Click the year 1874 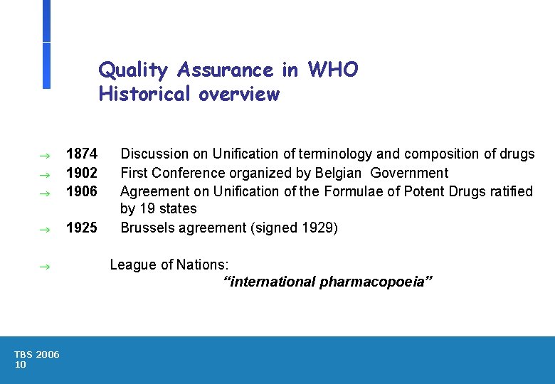(x=81, y=154)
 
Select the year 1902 (x=81, y=173)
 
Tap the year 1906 (x=81, y=191)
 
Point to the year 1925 (x=81, y=228)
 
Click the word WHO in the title (x=333, y=70)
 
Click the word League (x=131, y=265)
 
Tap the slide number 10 (x=20, y=365)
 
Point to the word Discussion (x=154, y=154)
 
